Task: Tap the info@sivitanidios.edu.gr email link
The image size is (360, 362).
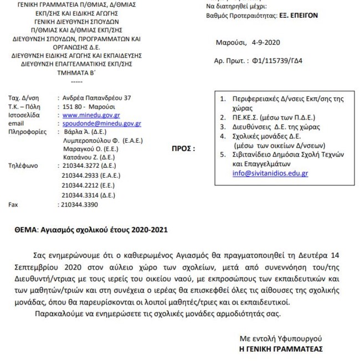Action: [x=270, y=173]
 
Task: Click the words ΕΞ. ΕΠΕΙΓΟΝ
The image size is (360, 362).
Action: [x=297, y=16]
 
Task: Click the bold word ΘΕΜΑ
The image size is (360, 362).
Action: [x=26, y=229]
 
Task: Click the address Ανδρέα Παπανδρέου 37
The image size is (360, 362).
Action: [x=96, y=98]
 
